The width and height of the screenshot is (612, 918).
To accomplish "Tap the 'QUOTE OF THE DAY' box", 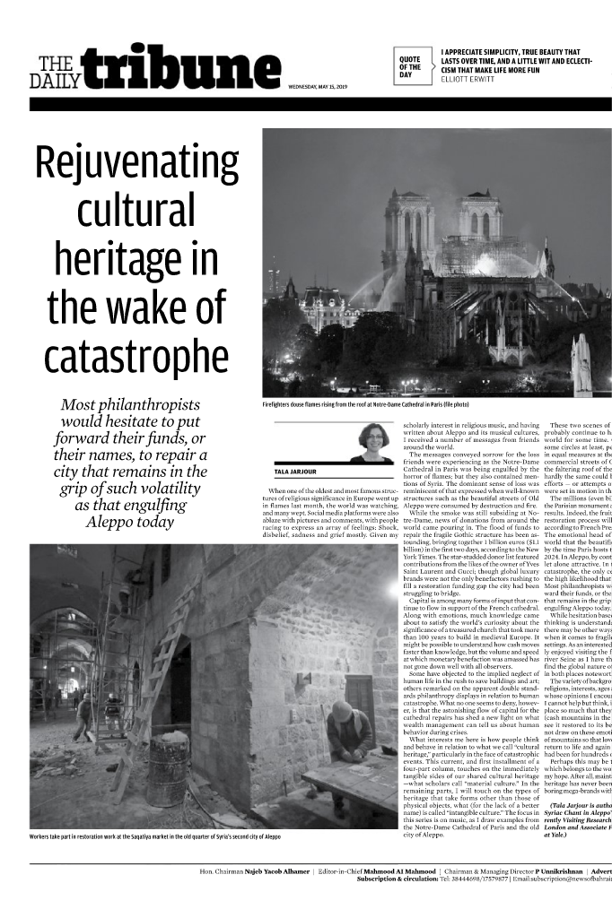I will click(411, 65).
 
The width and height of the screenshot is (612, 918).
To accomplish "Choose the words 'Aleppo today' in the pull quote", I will click(130, 522).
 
